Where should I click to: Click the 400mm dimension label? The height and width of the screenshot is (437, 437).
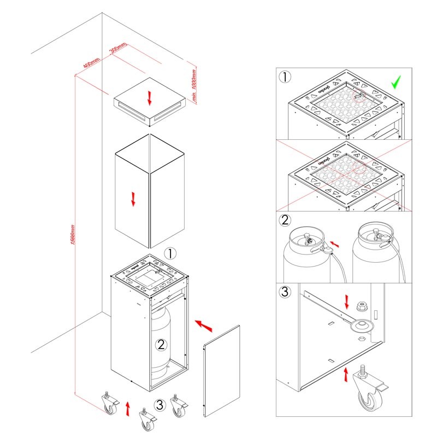[92, 63]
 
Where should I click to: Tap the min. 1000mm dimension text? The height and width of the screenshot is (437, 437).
[193, 85]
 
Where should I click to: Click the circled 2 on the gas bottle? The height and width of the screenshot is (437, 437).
[161, 345]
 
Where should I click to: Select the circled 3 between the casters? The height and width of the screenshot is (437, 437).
[159, 405]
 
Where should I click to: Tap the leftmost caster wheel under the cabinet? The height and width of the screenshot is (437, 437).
[111, 406]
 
